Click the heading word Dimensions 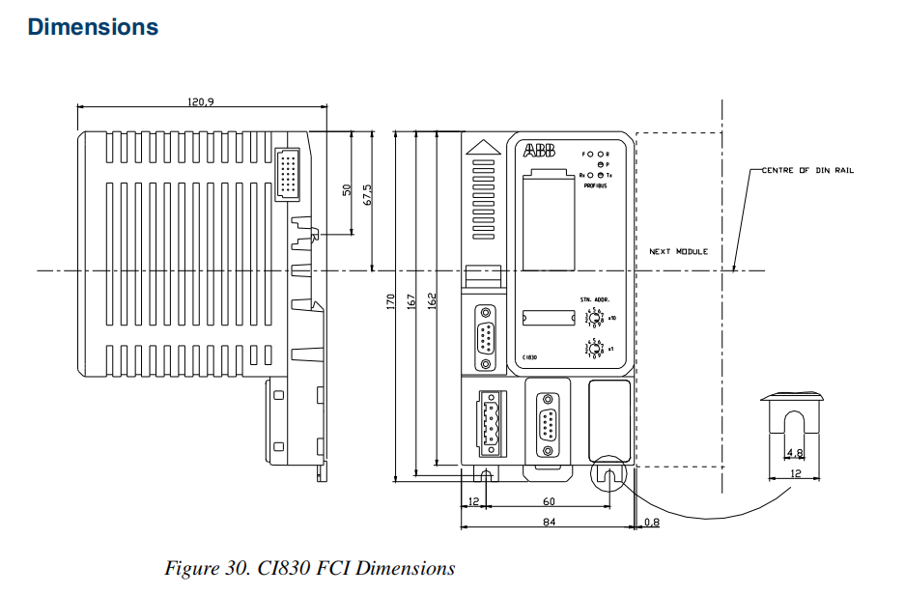coord(93,27)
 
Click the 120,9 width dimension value coord(201,101)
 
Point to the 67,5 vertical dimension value coord(366,194)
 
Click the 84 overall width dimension coord(548,523)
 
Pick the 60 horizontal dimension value coord(548,500)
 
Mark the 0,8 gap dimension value coord(651,523)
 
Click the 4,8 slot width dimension coord(794,452)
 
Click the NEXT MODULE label coord(678,251)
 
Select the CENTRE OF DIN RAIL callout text coord(807,170)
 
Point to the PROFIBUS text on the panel coord(595,185)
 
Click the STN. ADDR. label coord(593,300)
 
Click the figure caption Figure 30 coord(309,568)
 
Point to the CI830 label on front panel coord(528,357)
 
